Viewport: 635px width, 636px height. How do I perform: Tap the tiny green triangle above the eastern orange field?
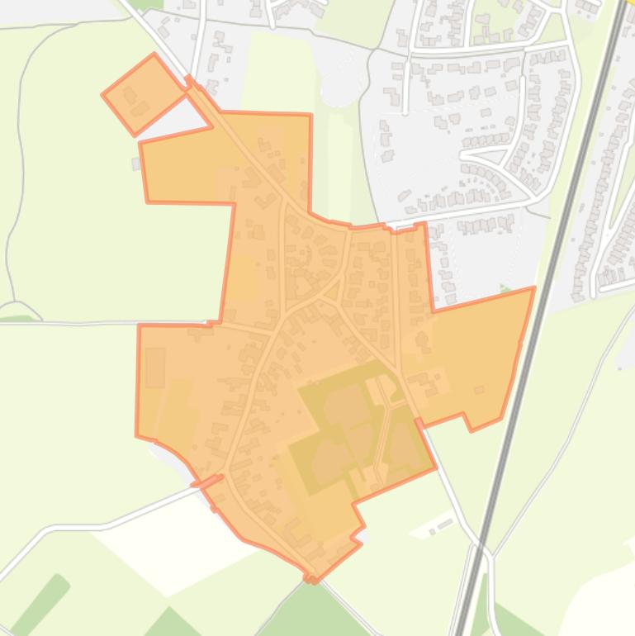click(x=504, y=289)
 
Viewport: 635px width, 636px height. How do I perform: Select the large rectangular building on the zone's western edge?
click(x=154, y=367)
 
